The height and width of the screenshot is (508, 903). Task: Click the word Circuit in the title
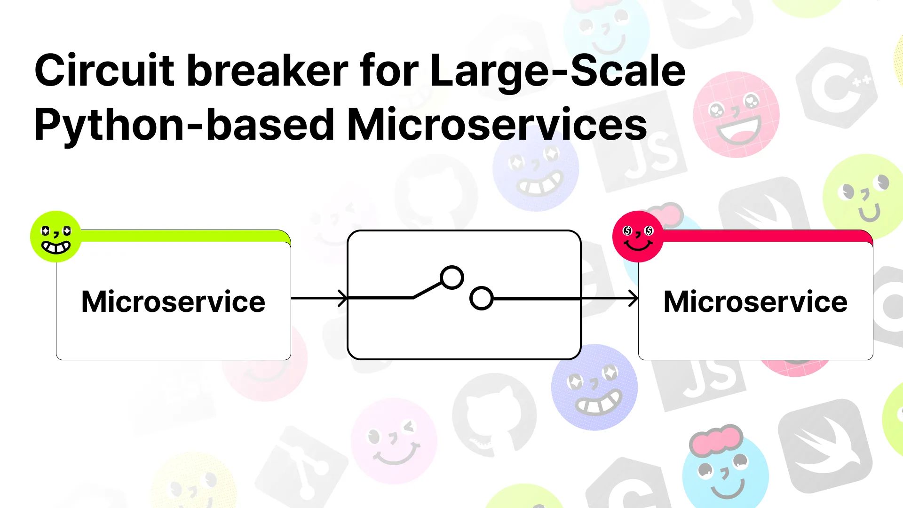point(104,70)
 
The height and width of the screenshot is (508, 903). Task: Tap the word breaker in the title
point(267,70)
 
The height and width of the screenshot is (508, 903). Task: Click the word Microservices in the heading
point(497,124)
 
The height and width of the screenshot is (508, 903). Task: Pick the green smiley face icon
point(55,237)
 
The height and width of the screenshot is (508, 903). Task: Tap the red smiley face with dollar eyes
point(638,237)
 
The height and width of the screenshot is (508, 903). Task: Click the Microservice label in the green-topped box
point(173,301)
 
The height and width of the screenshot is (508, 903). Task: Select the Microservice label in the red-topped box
point(755,301)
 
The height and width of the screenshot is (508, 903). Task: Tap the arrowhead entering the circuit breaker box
point(343,298)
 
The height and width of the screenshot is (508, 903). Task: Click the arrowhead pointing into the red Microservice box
point(634,298)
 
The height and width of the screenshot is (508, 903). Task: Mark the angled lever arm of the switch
point(428,290)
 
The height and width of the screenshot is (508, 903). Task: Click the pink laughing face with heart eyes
point(736,114)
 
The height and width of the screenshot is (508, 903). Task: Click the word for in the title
point(389,70)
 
